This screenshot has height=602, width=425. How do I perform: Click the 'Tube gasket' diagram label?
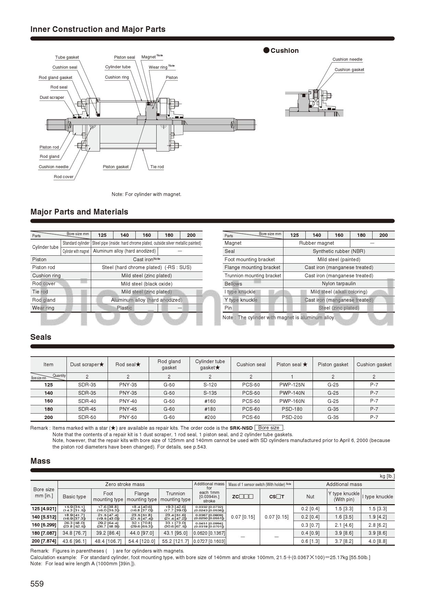coord(67,57)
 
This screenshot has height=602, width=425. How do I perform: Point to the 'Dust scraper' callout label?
coord(52,97)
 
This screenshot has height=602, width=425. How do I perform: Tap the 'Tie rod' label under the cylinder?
coord(157,167)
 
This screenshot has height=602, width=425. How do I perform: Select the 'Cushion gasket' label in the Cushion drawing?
coord(349,70)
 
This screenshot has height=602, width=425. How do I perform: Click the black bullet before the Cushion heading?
coord(266,50)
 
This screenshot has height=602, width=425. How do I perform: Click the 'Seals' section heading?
coord(41,337)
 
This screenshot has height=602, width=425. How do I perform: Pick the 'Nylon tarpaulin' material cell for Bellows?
coord(339,283)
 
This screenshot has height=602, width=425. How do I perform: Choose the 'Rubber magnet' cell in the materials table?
coord(316,243)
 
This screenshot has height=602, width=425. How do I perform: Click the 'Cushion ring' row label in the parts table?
coord(46,276)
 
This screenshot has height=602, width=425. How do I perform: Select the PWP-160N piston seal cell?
coord(292,401)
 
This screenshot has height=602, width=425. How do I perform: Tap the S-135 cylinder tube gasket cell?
coord(210,393)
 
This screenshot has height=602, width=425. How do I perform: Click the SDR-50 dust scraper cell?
coord(87,417)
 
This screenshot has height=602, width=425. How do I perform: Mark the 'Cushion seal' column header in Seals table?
coord(251,364)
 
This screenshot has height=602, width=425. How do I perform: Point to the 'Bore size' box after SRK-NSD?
coord(269,428)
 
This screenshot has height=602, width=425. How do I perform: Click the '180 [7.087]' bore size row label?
coord(44,533)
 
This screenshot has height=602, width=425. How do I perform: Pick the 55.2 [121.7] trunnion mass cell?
coord(175,541)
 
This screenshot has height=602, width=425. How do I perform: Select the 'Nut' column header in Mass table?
coord(310,497)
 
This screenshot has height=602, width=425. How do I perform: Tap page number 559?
coord(37,584)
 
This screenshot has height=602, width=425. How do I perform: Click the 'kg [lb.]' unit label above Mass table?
coord(387,476)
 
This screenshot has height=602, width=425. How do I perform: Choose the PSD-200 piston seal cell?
coord(292,417)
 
